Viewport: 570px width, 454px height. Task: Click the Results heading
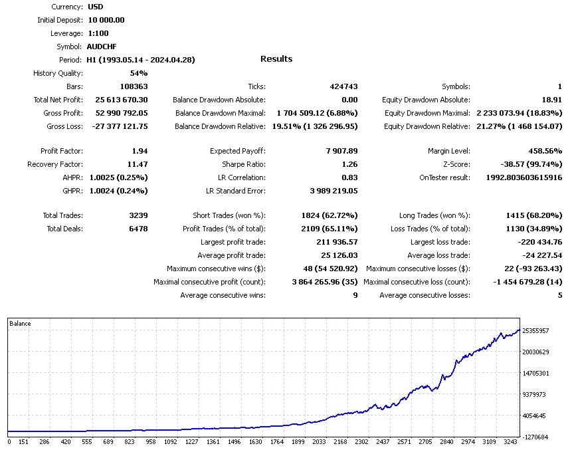tap(276, 59)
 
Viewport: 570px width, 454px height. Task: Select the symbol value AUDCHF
tap(102, 47)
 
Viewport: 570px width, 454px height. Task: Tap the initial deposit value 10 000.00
tap(106, 20)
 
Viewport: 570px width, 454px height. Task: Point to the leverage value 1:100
tap(99, 33)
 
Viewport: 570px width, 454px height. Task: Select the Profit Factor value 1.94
tap(140, 151)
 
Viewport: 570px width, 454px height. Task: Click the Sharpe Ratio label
tap(244, 164)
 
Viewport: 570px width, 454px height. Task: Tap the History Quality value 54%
tap(139, 73)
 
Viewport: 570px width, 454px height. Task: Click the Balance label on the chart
tap(21, 324)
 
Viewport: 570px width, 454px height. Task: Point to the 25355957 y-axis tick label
tap(535, 330)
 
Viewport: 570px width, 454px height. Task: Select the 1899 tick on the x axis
tap(298, 441)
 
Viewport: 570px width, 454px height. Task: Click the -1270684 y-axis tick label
tap(535, 437)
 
